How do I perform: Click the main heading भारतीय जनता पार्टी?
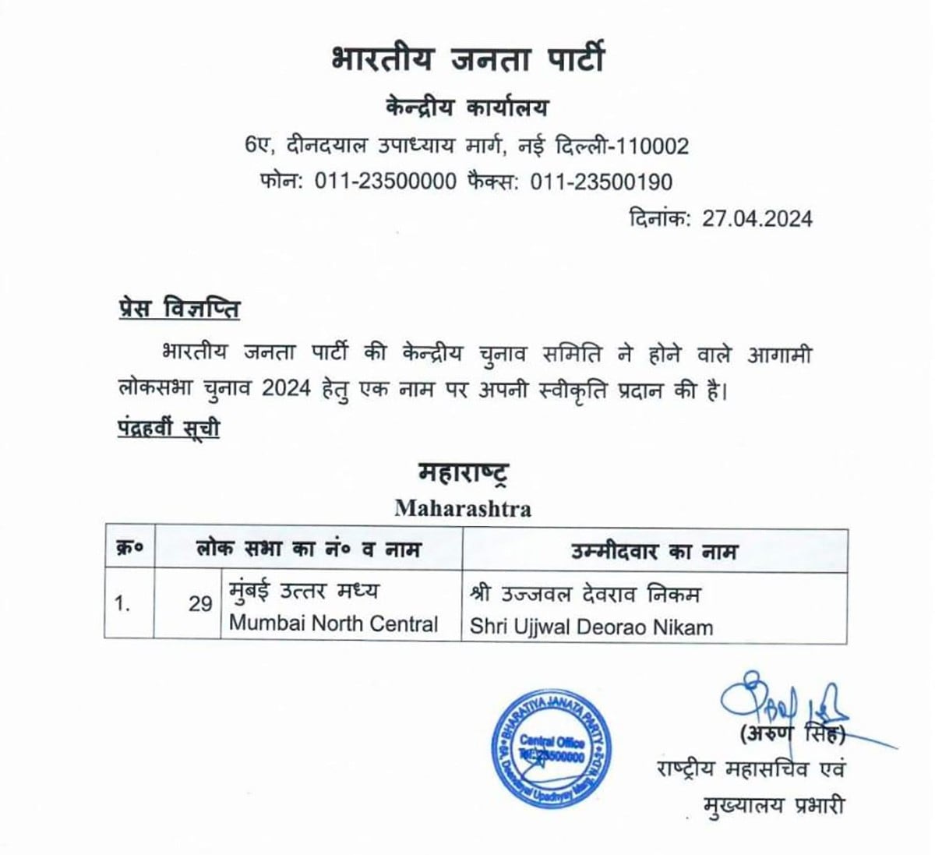pos(467,61)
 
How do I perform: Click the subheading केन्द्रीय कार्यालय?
pos(467,108)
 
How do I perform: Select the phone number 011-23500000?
pos(385,182)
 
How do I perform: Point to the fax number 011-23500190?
pos(601,182)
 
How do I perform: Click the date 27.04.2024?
pos(757,218)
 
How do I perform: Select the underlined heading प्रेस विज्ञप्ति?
pos(174,309)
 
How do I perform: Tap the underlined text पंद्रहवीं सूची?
pos(168,428)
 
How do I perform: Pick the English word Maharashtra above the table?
pos(463,509)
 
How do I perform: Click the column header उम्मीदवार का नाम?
pos(654,551)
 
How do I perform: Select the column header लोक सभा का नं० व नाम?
pos(308,550)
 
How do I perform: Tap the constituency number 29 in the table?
pos(200,604)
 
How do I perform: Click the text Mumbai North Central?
pos(333,624)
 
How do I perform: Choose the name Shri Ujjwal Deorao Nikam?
pos(591,627)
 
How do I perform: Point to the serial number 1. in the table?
pos(123,604)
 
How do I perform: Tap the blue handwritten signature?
pos(779,701)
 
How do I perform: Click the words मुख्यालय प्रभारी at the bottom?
pos(773,805)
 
